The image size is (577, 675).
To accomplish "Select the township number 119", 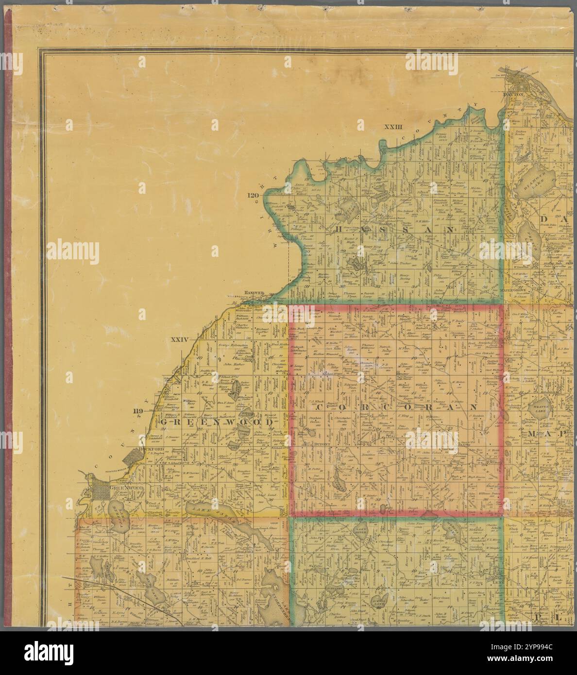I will tap(138, 412).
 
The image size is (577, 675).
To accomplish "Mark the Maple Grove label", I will tap(514, 290).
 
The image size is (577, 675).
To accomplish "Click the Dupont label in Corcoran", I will tap(322, 444).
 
